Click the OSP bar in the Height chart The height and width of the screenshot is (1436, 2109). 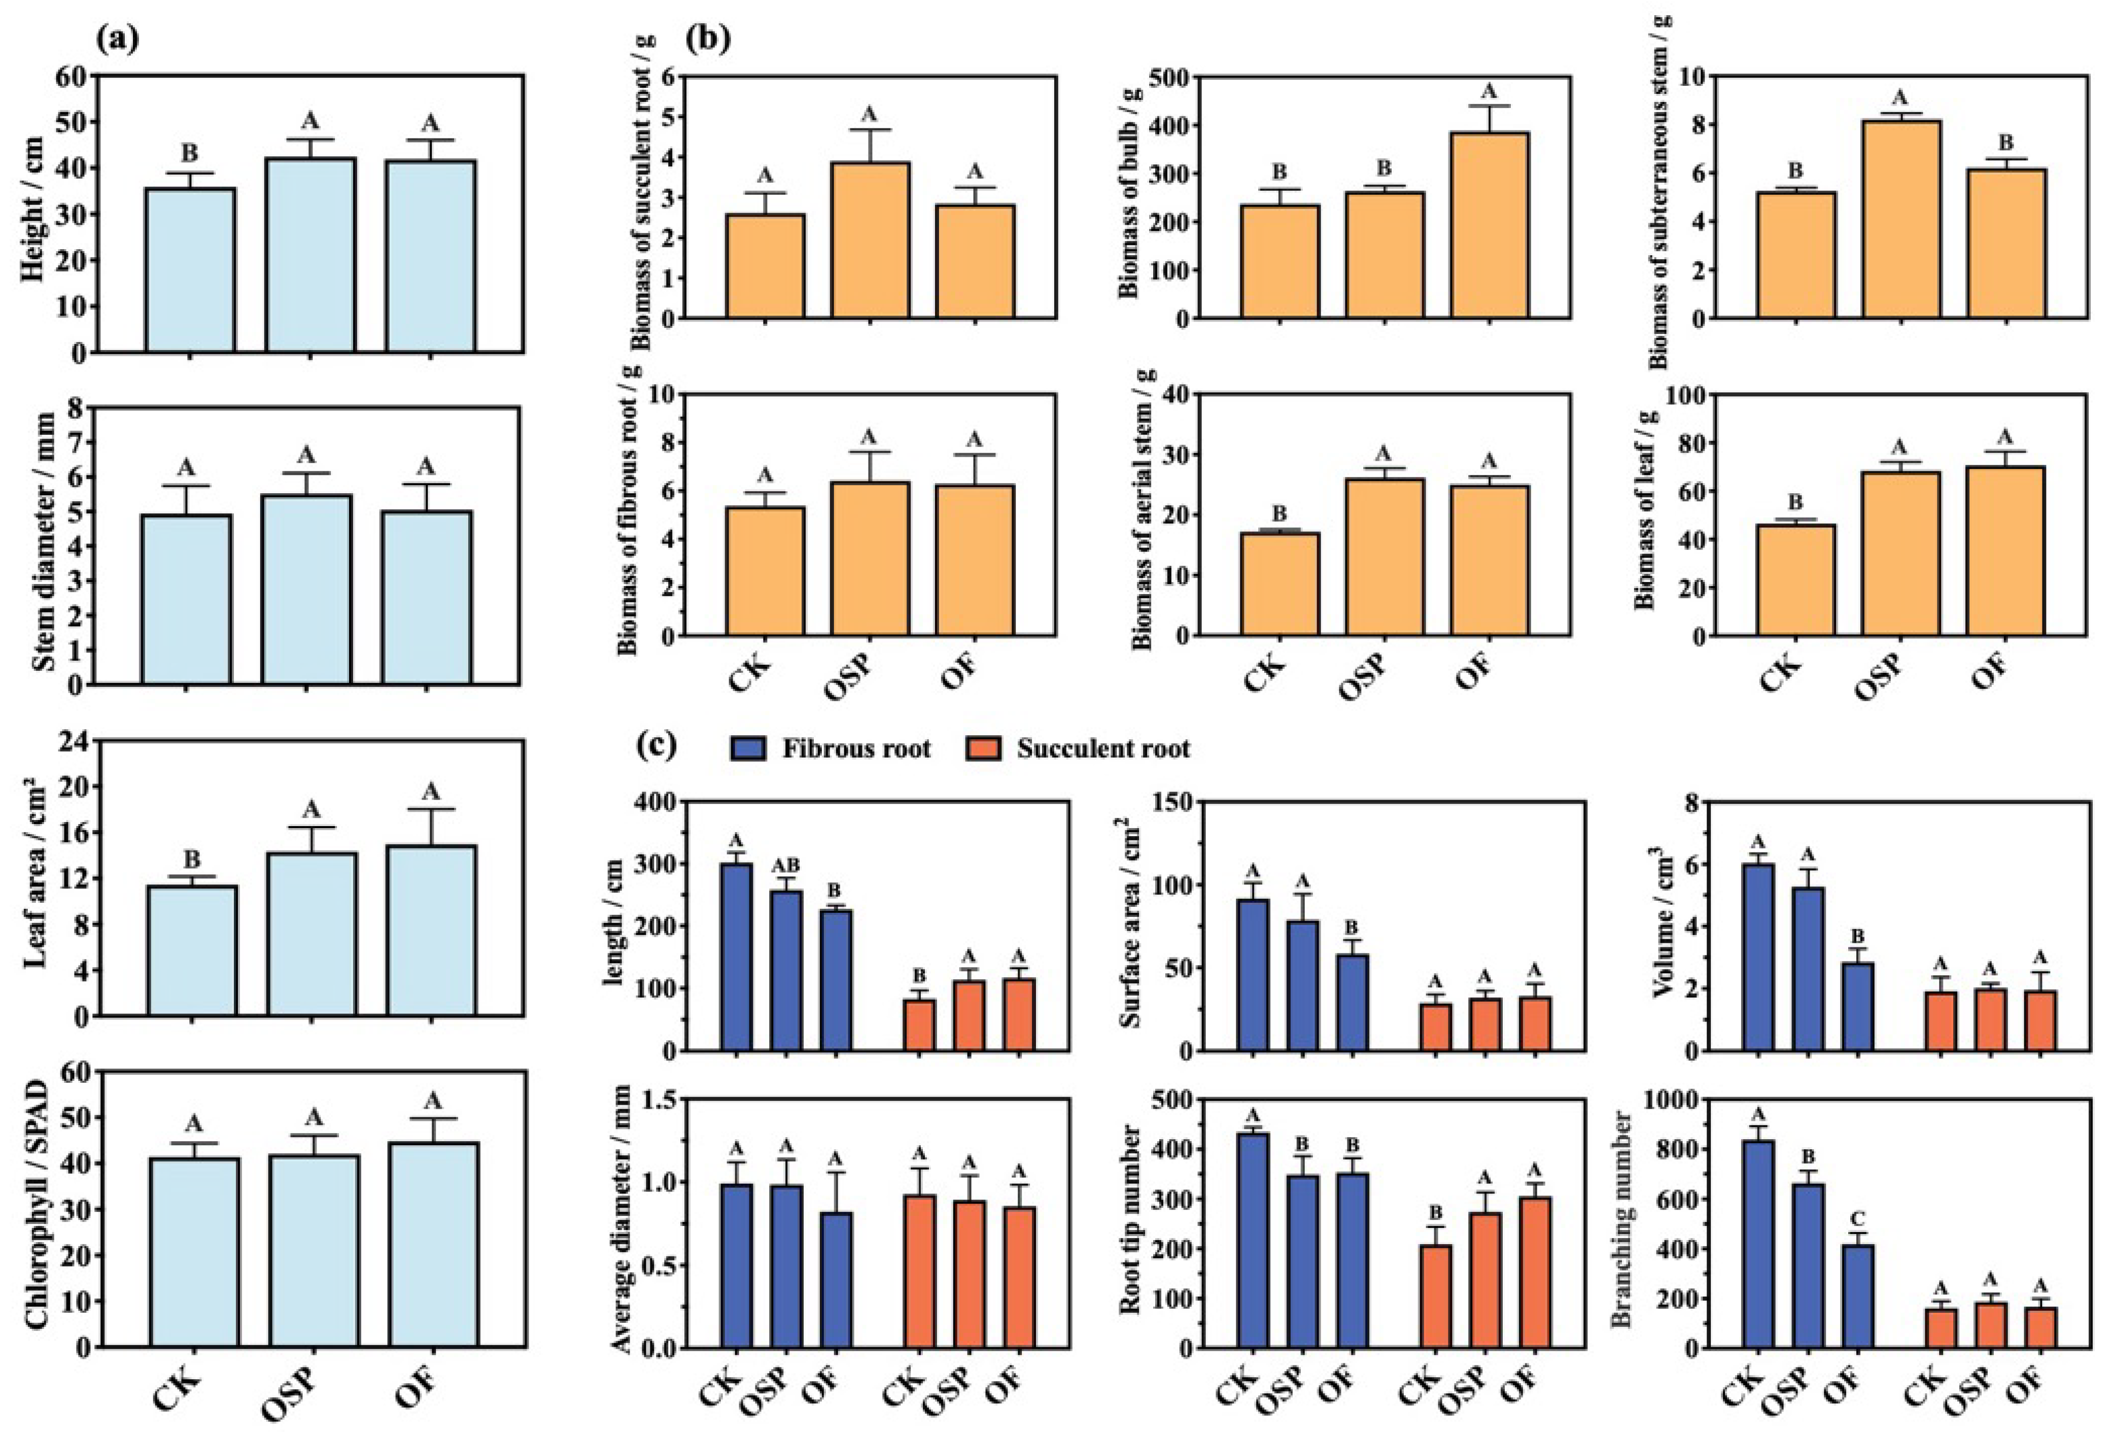[310, 255]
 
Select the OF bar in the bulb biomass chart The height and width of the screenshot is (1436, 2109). [1490, 225]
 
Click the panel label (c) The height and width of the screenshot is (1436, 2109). [657, 745]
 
